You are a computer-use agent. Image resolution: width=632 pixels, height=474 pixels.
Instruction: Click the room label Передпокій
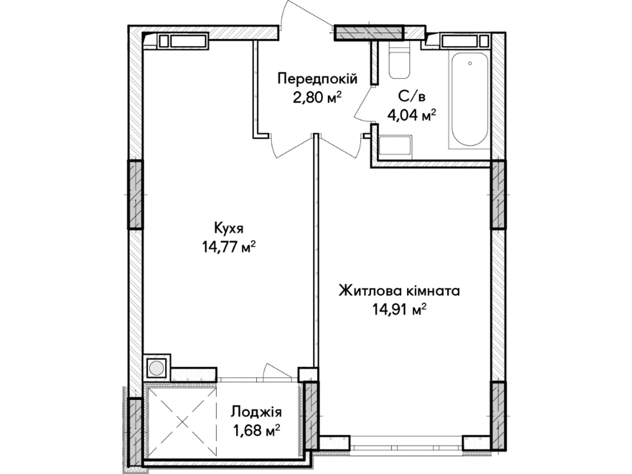point(317,79)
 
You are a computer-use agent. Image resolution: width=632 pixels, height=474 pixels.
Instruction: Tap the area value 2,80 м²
point(317,98)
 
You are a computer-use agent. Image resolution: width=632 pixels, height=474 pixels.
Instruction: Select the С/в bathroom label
point(412,96)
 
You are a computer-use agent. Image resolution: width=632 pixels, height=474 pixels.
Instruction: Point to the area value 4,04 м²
point(412,115)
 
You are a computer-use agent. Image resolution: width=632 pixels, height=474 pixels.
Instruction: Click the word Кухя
point(229,228)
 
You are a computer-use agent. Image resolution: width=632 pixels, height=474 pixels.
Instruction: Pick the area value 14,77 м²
point(229,247)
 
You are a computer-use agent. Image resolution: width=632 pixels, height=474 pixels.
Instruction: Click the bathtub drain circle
point(470,63)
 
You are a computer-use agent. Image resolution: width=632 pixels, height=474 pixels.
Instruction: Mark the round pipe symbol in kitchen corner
point(156,368)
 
